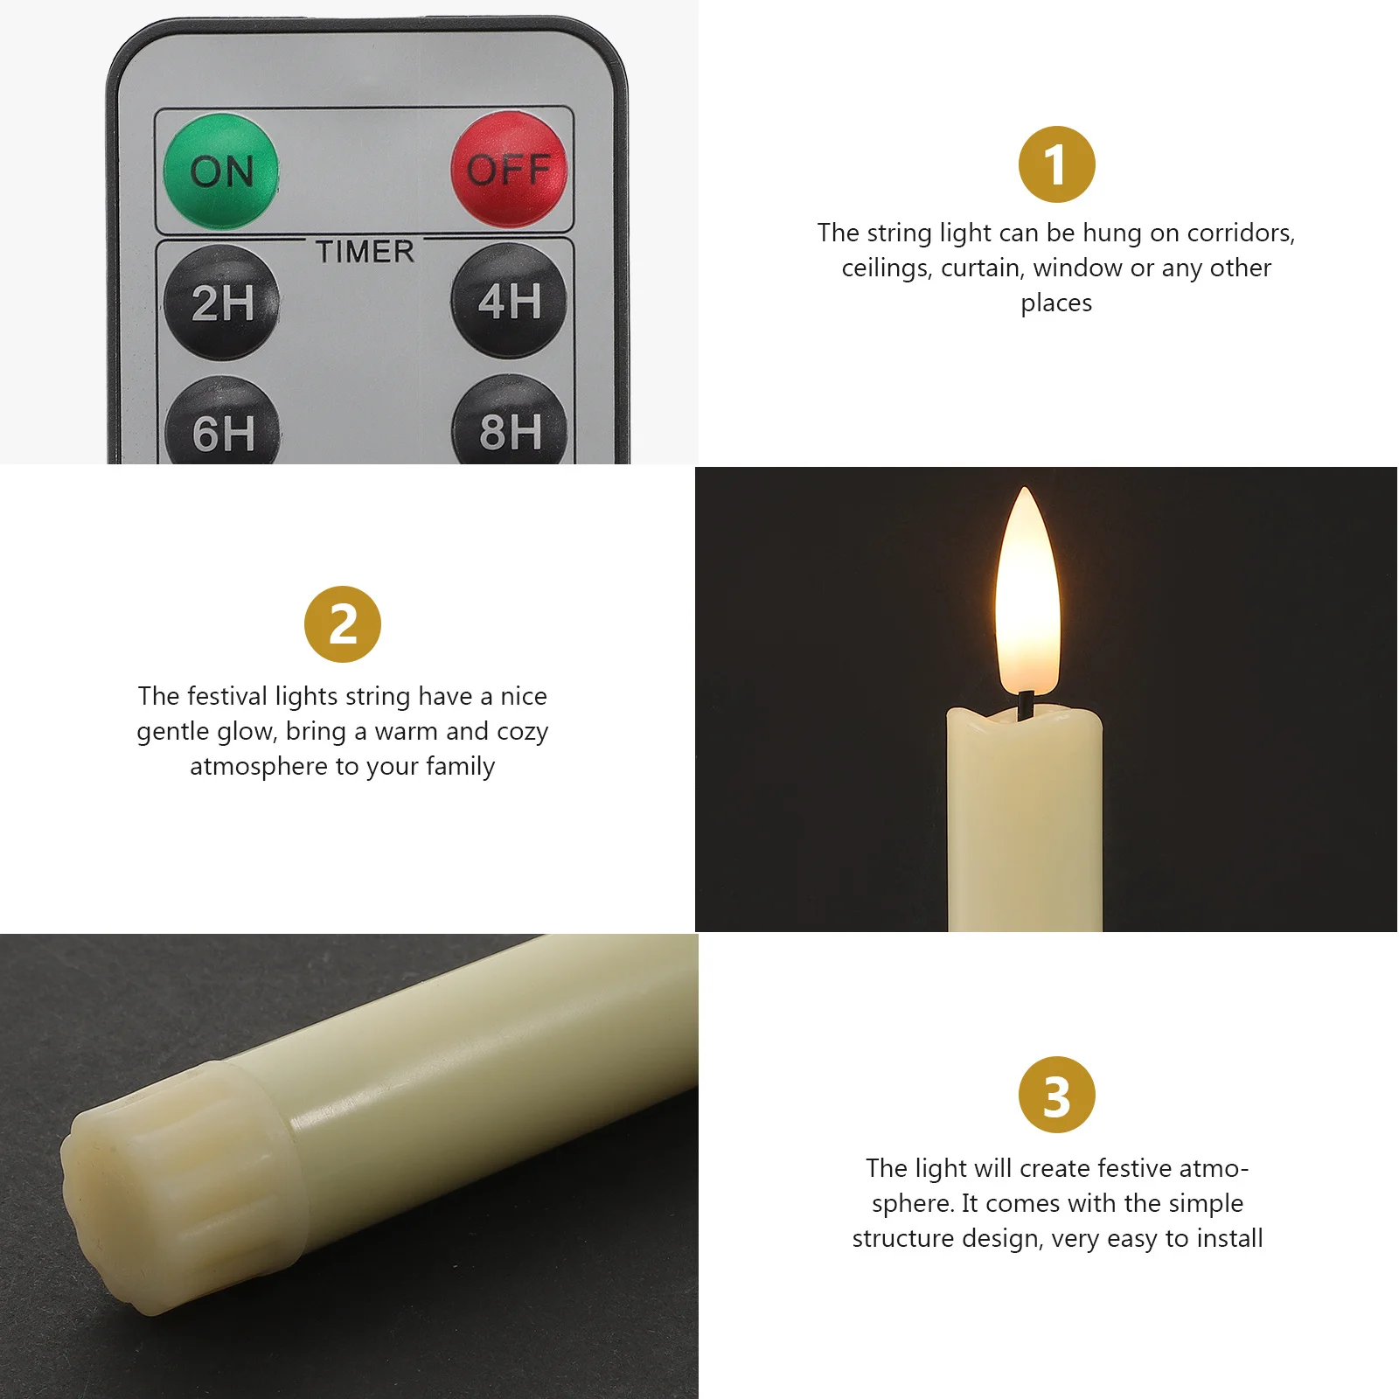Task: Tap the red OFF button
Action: [509, 170]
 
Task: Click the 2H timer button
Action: [222, 303]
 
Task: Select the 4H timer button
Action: [509, 301]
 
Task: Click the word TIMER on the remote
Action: [365, 252]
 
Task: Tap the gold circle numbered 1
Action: [1056, 164]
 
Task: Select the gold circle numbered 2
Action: [343, 624]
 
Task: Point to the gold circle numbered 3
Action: [1056, 1095]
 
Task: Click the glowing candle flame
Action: [1028, 595]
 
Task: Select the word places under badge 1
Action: [1056, 303]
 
